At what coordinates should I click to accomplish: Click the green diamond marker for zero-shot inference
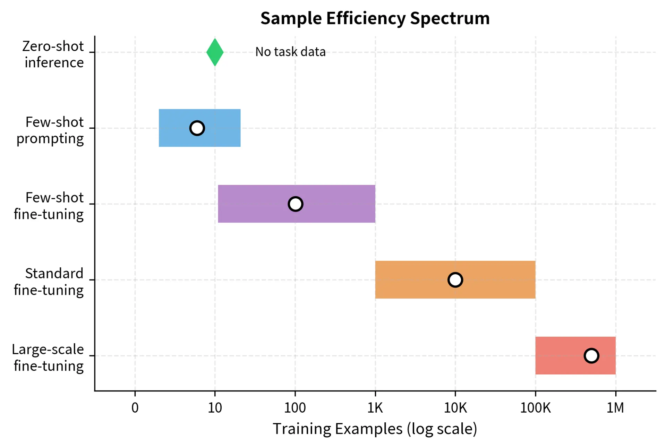click(215, 52)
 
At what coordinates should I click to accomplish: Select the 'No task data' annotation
click(290, 52)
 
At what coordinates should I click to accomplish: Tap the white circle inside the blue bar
click(197, 128)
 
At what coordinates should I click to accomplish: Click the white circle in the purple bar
click(295, 204)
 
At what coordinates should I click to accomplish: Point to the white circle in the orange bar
click(455, 279)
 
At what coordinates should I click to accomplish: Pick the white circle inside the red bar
click(591, 355)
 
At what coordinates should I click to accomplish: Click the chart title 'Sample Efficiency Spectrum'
click(375, 18)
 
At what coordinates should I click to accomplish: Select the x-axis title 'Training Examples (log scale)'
click(375, 429)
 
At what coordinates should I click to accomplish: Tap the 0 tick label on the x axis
click(135, 408)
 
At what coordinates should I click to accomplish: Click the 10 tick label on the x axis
click(215, 408)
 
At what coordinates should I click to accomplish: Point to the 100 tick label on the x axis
click(295, 408)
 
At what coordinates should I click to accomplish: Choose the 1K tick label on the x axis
click(375, 408)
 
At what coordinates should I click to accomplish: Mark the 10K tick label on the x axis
click(455, 408)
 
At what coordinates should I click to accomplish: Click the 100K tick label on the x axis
click(535, 408)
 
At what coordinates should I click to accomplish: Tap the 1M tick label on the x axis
click(615, 408)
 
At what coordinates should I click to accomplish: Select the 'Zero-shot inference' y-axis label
click(54, 54)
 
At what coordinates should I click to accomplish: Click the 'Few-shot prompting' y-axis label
click(50, 130)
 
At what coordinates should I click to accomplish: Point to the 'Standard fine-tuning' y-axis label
click(49, 282)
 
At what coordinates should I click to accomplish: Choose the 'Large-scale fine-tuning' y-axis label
click(48, 357)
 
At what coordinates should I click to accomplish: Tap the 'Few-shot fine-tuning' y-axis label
click(49, 206)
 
